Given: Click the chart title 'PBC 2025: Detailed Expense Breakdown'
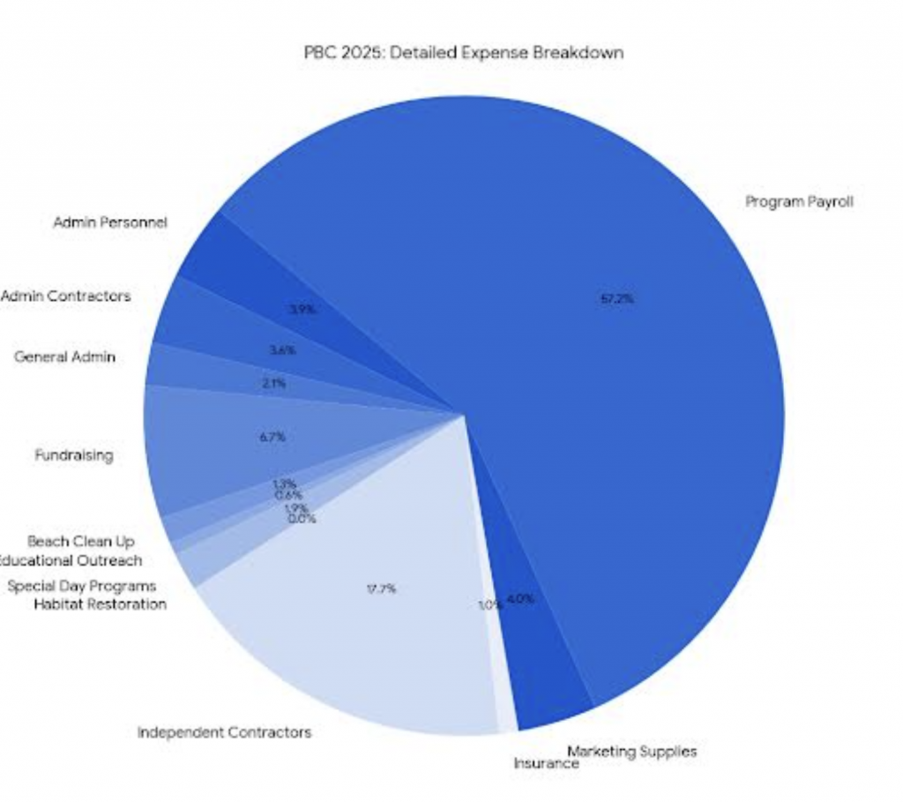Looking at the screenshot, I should click(463, 53).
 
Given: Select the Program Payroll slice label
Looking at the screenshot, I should click(799, 202).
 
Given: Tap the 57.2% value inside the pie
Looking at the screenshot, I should click(617, 299).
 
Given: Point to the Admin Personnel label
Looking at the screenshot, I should click(110, 223).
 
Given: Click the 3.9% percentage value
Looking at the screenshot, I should click(302, 310).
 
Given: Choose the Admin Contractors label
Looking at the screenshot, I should click(66, 296).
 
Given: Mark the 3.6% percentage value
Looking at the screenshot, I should click(282, 350).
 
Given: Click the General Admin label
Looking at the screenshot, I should click(64, 357).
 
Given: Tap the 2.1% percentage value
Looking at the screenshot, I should click(273, 384).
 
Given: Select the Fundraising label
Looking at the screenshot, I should click(74, 456).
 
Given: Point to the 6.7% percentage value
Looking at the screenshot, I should click(272, 437).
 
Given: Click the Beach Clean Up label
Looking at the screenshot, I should click(81, 541).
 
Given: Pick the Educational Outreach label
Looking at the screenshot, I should click(71, 560).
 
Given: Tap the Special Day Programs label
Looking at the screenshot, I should click(81, 586).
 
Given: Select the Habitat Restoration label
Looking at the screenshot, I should click(100, 604).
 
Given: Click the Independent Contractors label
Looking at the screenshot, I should click(224, 732).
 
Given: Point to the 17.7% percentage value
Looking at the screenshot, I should click(381, 588).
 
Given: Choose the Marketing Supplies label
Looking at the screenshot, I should click(631, 751).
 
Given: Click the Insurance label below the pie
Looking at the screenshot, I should click(546, 764).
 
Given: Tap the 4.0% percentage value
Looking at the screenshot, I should click(520, 599).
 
